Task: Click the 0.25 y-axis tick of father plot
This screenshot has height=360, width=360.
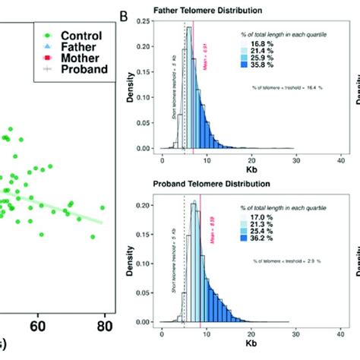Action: pyautogui.click(x=143, y=24)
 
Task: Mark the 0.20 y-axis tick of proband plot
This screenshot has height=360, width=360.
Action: pyautogui.click(x=143, y=206)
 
